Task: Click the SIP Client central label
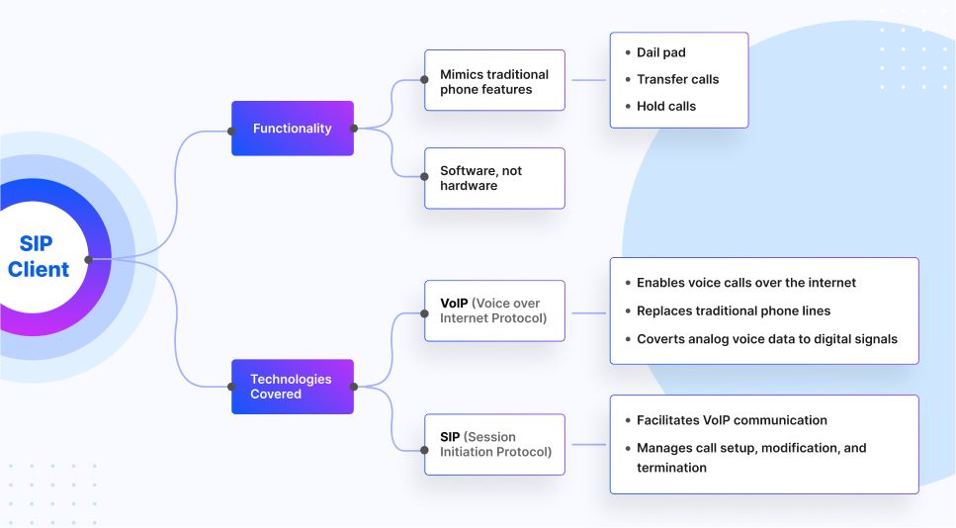tap(39, 257)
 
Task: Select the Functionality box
tap(292, 129)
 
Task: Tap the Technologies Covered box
tap(292, 387)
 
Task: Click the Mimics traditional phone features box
tap(494, 81)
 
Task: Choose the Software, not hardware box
tap(494, 178)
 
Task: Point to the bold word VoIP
tap(454, 303)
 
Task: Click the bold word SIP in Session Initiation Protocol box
tap(450, 437)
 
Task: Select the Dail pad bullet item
tap(660, 52)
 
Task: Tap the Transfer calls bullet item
tap(677, 79)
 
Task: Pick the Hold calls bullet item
tap(665, 106)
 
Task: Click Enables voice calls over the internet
tap(745, 283)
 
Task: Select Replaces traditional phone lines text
tap(733, 310)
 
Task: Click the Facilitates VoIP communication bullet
tap(732, 420)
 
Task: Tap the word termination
tap(671, 468)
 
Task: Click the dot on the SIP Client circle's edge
tap(89, 259)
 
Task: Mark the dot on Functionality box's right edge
tap(353, 128)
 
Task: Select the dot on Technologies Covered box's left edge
tap(231, 387)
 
